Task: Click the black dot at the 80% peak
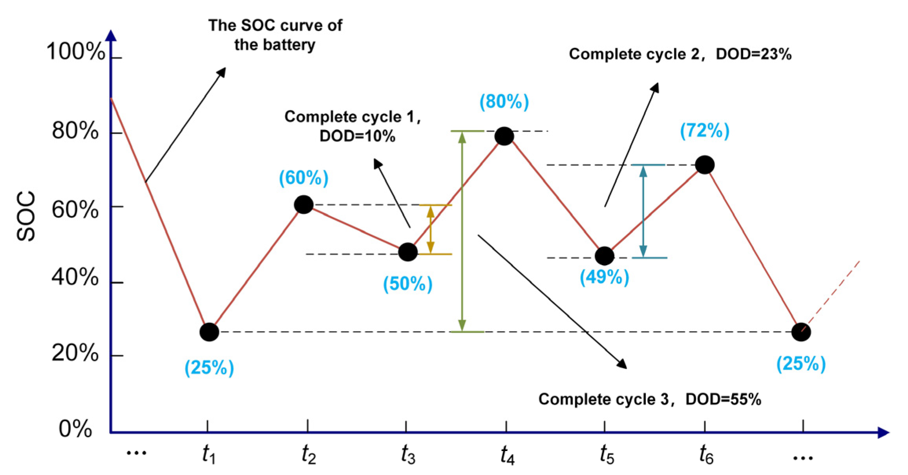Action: pyautogui.click(x=504, y=136)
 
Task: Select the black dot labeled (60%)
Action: pyautogui.click(x=303, y=205)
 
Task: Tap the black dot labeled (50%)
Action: pyautogui.click(x=407, y=252)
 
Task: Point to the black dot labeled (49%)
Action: pyautogui.click(x=604, y=256)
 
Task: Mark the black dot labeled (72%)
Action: pyautogui.click(x=705, y=165)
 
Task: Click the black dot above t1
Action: pyautogui.click(x=209, y=332)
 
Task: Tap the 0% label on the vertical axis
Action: pyautogui.click(x=75, y=429)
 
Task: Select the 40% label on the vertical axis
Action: pyautogui.click(x=75, y=277)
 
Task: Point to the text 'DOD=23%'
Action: pyautogui.click(x=753, y=54)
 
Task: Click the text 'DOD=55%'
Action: pyautogui.click(x=723, y=400)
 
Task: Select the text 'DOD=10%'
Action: pyautogui.click(x=357, y=136)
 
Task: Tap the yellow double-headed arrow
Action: pyautogui.click(x=431, y=229)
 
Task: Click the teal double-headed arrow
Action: pyautogui.click(x=643, y=211)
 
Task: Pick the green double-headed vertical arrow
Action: pyautogui.click(x=462, y=231)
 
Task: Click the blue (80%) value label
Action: pyautogui.click(x=504, y=102)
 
